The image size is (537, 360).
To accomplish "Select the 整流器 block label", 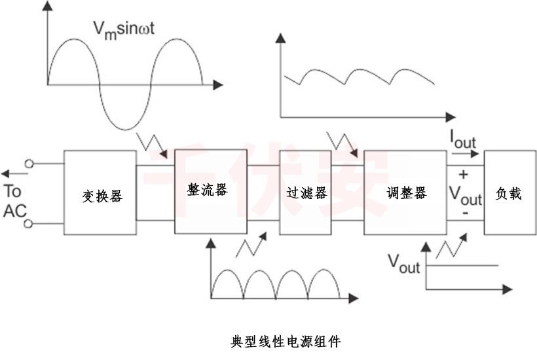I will click(x=207, y=190).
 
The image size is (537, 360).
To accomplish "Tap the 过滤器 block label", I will click(x=306, y=193).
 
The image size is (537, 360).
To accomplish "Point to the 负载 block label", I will click(x=509, y=193).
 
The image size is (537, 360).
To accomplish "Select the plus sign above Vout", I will click(x=463, y=175).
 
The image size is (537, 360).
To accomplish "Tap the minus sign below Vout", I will click(x=464, y=213).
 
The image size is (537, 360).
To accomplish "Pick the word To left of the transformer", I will click(x=12, y=192).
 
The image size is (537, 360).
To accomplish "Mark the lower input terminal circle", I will click(x=29, y=224).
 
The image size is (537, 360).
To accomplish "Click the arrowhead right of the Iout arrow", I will click(x=476, y=156).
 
